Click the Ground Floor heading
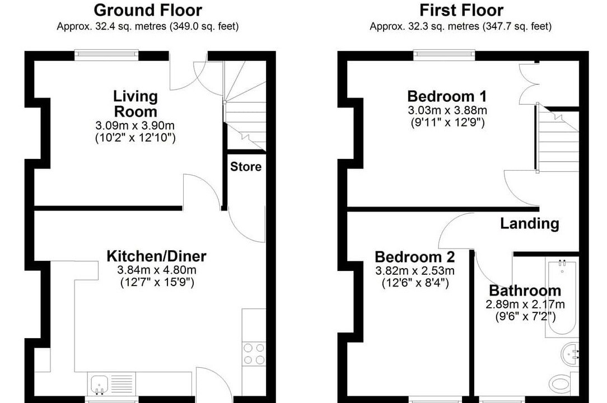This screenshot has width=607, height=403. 148,10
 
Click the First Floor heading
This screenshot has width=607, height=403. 461,10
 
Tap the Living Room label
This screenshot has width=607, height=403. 136,104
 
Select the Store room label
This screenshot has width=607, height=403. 246,166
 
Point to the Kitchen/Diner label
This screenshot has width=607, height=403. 156,256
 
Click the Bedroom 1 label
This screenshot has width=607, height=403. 447,96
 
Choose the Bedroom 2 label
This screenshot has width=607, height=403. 414,257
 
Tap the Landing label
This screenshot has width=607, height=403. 530,223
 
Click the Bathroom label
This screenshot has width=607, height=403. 525,290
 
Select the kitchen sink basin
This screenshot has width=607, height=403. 100,384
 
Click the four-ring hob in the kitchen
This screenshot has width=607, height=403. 254,354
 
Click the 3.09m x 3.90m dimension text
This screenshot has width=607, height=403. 135,125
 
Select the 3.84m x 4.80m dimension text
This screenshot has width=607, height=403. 157,270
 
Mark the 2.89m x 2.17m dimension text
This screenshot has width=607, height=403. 525,304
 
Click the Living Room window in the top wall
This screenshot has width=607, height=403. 106,55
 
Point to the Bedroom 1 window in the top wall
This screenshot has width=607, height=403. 445,55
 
